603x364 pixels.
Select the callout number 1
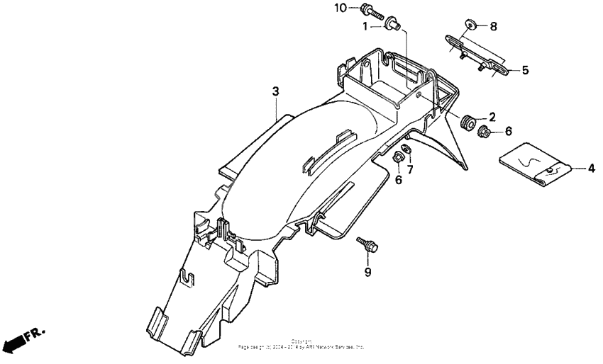[x=365, y=26]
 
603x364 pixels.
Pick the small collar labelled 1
[x=391, y=26]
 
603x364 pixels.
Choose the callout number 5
[x=525, y=70]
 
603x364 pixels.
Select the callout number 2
[x=491, y=117]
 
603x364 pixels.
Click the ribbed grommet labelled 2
[x=468, y=123]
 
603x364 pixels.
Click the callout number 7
[x=410, y=170]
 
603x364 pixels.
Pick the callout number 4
[x=591, y=169]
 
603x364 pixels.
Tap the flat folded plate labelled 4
[x=537, y=167]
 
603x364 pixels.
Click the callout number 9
[x=367, y=272]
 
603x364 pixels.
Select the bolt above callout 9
[x=369, y=245]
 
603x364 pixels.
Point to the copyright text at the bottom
[x=301, y=345]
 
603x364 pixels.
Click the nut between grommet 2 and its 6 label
[x=485, y=131]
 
